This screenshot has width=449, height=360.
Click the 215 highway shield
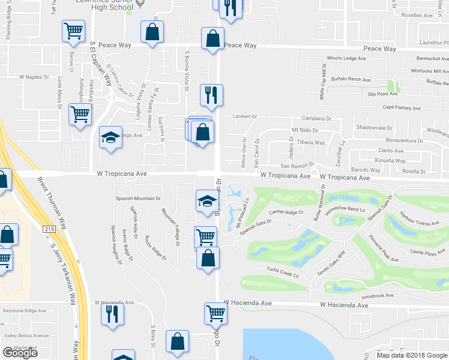(47, 229)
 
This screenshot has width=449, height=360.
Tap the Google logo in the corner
(20, 352)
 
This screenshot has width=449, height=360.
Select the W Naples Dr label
(34, 77)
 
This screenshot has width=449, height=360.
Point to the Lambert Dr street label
(240, 118)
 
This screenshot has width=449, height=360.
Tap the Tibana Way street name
(311, 143)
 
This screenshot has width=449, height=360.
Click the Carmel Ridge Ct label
(287, 212)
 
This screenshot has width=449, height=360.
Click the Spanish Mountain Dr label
(139, 198)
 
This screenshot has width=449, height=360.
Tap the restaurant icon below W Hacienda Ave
(112, 314)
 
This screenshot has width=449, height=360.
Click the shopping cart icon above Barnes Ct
(73, 31)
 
